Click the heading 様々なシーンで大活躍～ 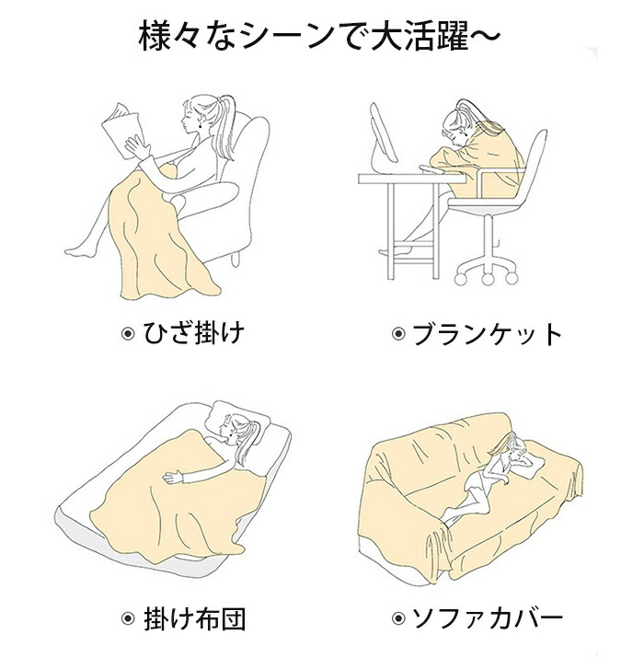click(x=319, y=38)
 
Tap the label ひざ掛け click(x=193, y=333)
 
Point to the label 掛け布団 click(x=194, y=619)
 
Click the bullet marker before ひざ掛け click(x=128, y=334)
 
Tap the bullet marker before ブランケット click(x=398, y=334)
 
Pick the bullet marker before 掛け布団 click(x=128, y=617)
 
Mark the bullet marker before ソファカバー click(x=398, y=617)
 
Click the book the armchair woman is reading click(x=122, y=129)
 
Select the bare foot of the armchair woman click(x=80, y=251)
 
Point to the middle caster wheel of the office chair click(x=488, y=279)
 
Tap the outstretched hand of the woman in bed click(x=173, y=476)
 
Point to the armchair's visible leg click(x=236, y=259)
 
